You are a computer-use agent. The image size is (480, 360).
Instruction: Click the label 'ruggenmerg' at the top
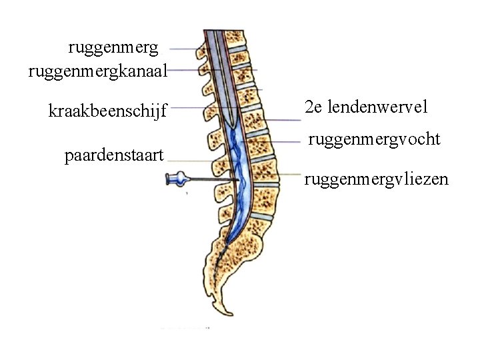(113, 48)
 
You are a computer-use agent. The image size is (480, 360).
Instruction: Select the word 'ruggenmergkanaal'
(97, 69)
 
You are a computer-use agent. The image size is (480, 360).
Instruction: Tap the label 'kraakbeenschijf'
(107, 109)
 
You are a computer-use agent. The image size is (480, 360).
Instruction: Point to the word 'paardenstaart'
(115, 157)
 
